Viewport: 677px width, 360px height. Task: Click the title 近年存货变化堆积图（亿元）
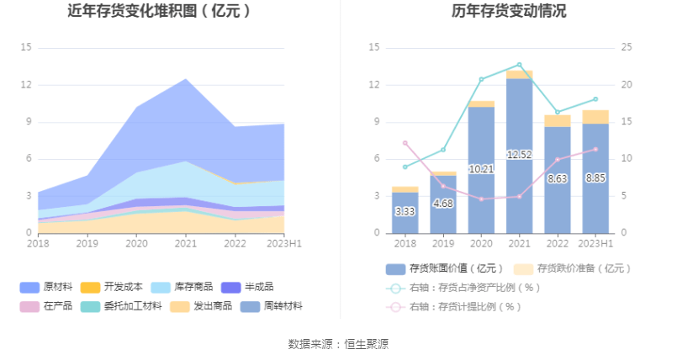159,13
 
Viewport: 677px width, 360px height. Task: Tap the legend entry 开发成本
121,287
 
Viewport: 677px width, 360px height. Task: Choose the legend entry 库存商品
192,287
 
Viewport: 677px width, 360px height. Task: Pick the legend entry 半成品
258,287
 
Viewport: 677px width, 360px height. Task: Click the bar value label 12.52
519,155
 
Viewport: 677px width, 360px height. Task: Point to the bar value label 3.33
405,211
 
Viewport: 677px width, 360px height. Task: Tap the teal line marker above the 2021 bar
519,65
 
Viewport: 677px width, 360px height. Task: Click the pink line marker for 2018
405,143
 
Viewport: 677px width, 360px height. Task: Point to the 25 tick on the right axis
626,48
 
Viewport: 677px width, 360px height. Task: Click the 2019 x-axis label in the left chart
87,243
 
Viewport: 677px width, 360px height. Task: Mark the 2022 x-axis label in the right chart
557,243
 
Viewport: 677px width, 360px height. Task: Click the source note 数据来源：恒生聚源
338,343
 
